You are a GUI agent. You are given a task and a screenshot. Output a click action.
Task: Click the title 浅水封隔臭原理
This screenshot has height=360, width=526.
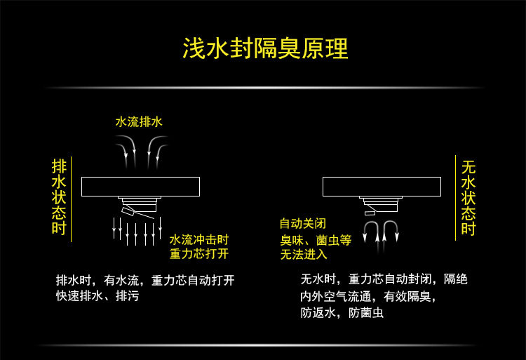click(264, 48)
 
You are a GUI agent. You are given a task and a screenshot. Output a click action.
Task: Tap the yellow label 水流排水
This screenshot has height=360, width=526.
click(139, 121)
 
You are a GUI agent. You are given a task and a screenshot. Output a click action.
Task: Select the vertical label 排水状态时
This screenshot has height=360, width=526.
click(59, 197)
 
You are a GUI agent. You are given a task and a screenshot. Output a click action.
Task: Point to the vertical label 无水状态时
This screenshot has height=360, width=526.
click(468, 197)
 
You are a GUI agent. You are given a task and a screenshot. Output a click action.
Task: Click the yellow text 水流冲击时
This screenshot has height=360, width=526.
click(199, 239)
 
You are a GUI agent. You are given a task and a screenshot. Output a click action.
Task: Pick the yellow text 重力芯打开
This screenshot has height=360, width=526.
click(199, 253)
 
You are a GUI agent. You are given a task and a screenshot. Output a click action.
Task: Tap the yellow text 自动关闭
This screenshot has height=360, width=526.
click(303, 224)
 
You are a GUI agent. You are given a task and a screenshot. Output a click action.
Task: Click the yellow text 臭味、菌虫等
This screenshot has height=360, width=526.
click(316, 239)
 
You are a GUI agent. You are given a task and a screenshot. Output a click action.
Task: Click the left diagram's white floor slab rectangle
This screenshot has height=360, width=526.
click(140, 187)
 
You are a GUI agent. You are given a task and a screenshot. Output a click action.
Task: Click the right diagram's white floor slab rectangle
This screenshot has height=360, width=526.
click(382, 187)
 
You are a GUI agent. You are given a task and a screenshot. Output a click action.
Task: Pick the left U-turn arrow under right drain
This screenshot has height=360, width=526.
click(371, 231)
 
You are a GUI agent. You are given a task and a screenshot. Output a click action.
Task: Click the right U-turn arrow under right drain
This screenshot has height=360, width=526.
click(391, 231)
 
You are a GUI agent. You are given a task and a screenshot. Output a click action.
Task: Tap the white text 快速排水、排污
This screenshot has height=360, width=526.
click(97, 296)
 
